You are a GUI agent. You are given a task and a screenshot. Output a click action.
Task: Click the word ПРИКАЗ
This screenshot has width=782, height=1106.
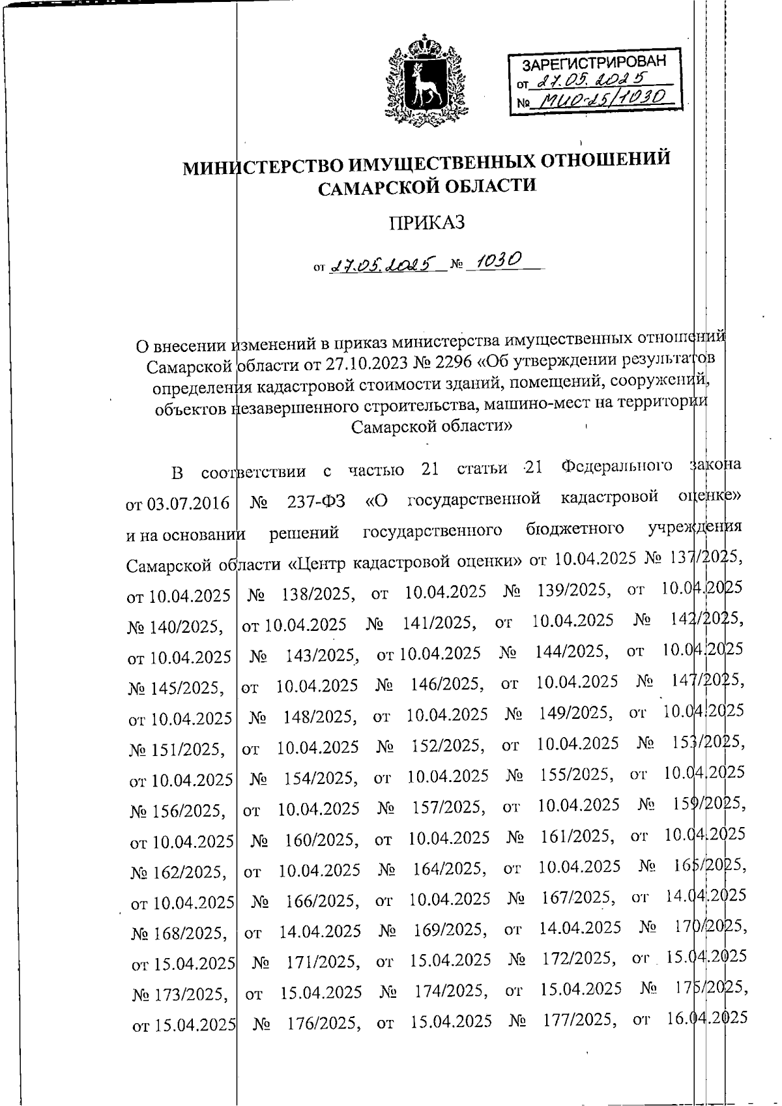(427, 223)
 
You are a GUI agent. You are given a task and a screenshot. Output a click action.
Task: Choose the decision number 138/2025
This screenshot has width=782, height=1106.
(318, 594)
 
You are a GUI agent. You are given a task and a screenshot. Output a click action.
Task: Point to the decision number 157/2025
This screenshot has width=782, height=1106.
(449, 808)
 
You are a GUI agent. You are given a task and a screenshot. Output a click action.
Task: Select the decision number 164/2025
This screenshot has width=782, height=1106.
(450, 869)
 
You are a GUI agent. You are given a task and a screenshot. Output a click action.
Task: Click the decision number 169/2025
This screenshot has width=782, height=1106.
(451, 930)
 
